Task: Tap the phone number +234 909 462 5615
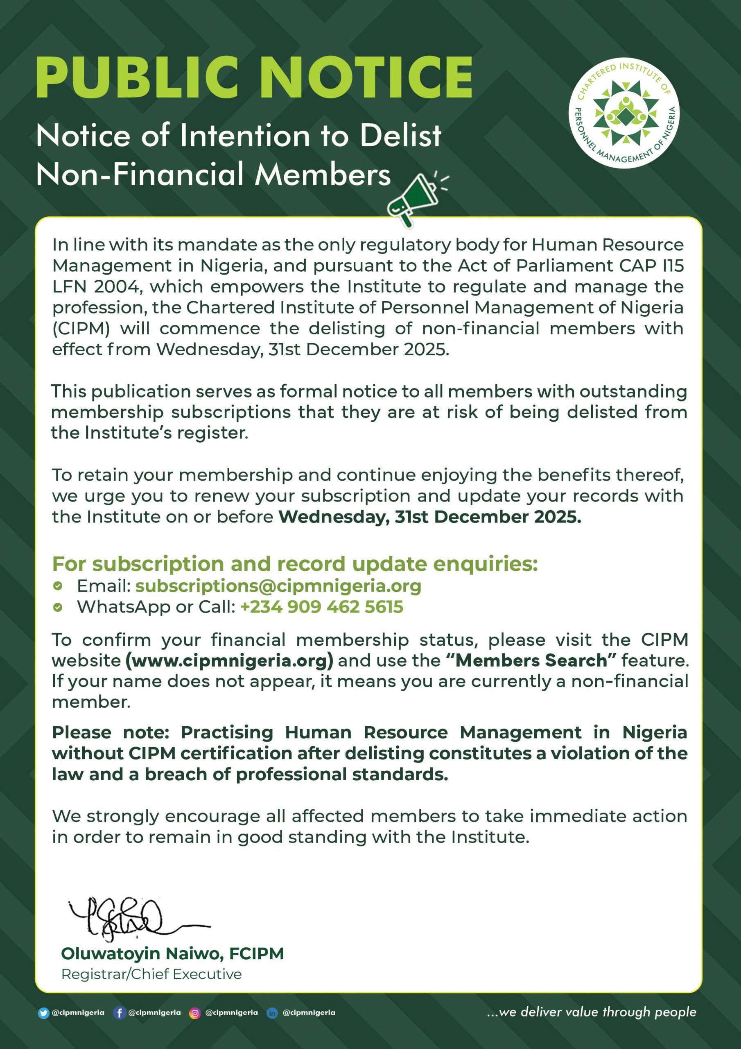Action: click(321, 607)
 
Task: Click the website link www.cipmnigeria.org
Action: click(229, 660)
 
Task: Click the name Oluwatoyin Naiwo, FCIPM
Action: click(172, 954)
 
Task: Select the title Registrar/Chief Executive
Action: click(151, 974)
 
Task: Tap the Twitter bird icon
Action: click(43, 1013)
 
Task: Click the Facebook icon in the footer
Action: click(119, 1013)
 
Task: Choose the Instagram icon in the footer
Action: click(195, 1013)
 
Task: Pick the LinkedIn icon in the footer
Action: click(272, 1013)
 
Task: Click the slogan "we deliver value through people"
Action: click(592, 1012)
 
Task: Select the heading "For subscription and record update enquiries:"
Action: click(295, 564)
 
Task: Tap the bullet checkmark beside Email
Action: click(58, 586)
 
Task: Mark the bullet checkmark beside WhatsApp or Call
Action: click(58, 607)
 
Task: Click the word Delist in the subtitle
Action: click(400, 136)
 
